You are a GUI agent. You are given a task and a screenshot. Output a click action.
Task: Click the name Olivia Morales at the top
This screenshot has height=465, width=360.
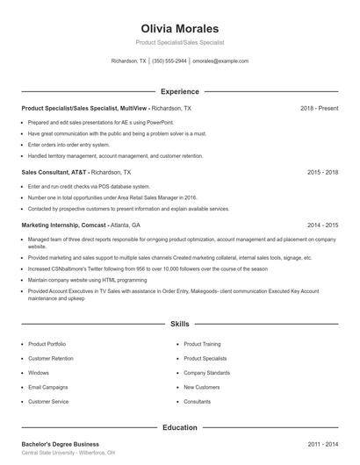click(179, 29)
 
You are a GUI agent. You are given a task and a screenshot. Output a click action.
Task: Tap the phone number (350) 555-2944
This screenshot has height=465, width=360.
click(169, 61)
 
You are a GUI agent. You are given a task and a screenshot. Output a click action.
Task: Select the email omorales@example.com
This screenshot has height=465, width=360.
click(220, 61)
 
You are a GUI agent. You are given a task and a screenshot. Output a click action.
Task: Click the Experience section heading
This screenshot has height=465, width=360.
click(179, 91)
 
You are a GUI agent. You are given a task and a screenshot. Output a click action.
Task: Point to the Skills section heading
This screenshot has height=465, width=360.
click(179, 324)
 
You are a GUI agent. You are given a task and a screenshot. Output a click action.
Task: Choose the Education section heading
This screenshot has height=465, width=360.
click(179, 427)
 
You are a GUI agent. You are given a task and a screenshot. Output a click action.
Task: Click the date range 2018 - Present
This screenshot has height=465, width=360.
click(319, 108)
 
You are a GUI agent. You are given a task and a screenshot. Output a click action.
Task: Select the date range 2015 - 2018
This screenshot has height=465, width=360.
click(322, 173)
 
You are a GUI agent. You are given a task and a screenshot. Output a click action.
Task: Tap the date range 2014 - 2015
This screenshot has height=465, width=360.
click(322, 225)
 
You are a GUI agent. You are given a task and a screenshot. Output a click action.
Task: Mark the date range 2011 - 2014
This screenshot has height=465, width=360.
click(322, 445)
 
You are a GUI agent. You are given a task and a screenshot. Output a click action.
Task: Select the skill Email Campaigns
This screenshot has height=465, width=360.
click(47, 387)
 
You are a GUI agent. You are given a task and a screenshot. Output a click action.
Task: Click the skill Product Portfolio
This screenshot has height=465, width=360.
click(47, 345)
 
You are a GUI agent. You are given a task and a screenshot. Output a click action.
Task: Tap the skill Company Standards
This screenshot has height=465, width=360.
click(207, 373)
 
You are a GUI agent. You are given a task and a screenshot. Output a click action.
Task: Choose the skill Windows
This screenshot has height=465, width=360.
click(39, 373)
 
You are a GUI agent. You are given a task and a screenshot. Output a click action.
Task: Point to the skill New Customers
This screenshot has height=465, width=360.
click(202, 387)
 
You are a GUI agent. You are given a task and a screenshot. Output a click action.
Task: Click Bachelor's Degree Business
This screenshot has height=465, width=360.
click(60, 445)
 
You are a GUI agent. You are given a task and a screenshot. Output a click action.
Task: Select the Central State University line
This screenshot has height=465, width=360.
click(67, 454)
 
